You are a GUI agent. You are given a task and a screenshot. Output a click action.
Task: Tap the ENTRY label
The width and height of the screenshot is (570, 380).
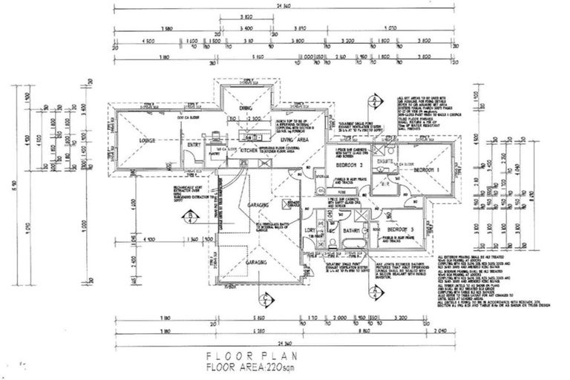coord(194,145)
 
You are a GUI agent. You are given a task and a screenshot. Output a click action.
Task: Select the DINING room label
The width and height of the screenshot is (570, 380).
coord(246,110)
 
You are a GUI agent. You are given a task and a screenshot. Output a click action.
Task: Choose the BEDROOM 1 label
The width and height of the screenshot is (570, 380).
coord(427,170)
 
